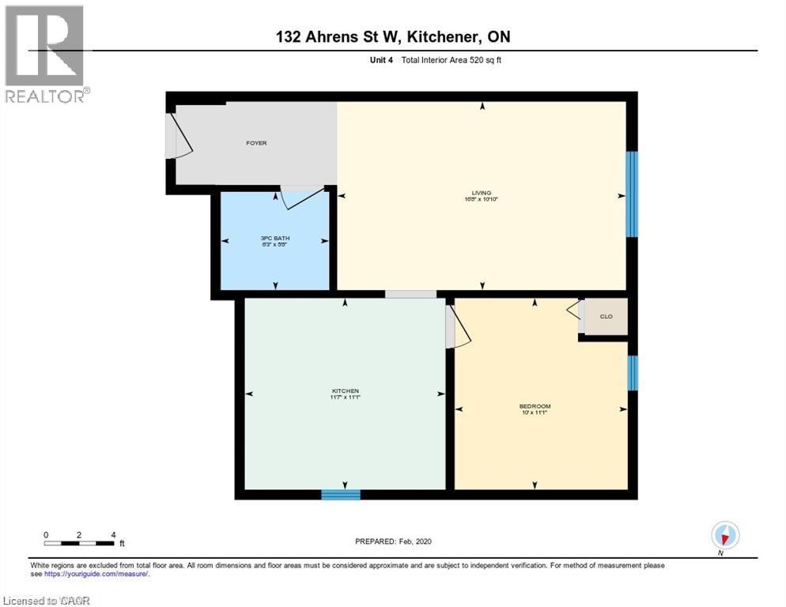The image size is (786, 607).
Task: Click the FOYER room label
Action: click(x=255, y=143)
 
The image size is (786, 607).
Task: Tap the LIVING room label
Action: click(x=482, y=193)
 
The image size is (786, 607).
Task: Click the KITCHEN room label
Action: click(x=345, y=391)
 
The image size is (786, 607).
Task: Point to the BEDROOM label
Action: click(x=535, y=406)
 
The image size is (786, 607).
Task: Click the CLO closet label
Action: click(x=606, y=316)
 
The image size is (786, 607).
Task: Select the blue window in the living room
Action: click(x=631, y=194)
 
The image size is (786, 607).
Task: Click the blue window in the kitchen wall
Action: click(x=341, y=495)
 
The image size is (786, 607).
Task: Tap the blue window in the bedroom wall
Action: click(x=632, y=372)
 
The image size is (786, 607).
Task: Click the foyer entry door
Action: click(x=177, y=136)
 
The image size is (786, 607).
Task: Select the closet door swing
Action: click(x=575, y=311)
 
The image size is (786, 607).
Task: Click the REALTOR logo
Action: click(x=46, y=54)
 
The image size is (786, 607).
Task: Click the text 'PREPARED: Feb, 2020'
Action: click(x=393, y=541)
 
